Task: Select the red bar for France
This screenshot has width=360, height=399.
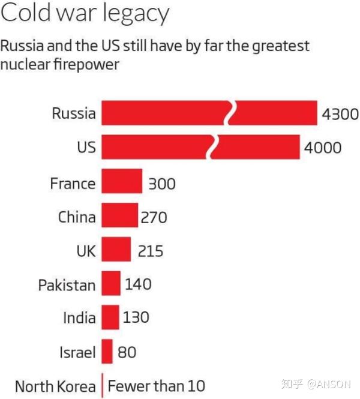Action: point(122,181)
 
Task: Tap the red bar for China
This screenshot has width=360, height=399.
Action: point(119,215)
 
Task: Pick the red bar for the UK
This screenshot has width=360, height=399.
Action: point(116,249)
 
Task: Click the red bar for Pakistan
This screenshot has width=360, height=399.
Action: point(111,283)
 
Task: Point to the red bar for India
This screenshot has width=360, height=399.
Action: point(110,317)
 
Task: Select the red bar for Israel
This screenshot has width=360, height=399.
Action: point(107,351)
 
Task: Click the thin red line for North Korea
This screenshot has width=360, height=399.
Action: point(103,385)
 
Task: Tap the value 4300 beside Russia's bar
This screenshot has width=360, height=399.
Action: point(340,113)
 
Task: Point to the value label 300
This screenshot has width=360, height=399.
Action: point(161,182)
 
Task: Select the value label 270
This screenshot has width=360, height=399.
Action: point(154,217)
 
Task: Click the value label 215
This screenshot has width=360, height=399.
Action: point(149,250)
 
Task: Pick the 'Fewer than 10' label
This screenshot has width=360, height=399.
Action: point(157,386)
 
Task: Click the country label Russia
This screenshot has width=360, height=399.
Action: point(73,113)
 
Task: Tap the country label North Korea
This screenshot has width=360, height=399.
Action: point(55,386)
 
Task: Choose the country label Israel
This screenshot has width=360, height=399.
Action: point(77,352)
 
